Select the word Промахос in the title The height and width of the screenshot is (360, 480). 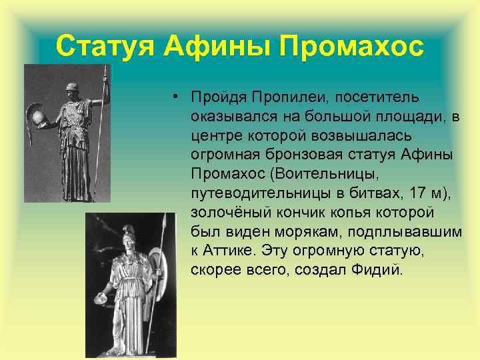(x=351, y=46)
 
